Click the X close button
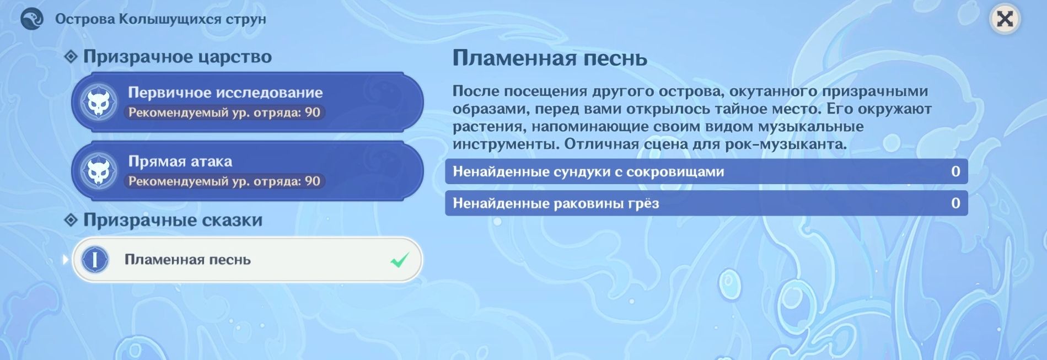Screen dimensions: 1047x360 [x=1005, y=19]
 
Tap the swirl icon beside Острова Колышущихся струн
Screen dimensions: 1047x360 [x=32, y=19]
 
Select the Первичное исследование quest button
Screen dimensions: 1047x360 [x=247, y=102]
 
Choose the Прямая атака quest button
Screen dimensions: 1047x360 [x=247, y=171]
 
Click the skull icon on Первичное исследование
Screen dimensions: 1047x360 [x=99, y=103]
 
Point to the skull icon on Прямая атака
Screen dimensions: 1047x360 [x=99, y=171]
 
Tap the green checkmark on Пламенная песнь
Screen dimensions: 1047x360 [x=400, y=260]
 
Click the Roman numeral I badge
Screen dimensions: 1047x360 [x=95, y=260]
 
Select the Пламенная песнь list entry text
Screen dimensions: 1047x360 [x=187, y=260]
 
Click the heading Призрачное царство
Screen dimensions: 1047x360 [x=178, y=57]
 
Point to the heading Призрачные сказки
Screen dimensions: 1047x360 [x=173, y=220]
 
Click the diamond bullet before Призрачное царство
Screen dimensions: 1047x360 [x=71, y=56]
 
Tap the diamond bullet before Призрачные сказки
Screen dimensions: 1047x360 [x=71, y=220]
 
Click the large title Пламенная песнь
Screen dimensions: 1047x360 [x=550, y=58]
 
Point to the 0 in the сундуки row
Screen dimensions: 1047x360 [x=956, y=171]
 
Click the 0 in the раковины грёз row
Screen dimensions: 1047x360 [x=956, y=203]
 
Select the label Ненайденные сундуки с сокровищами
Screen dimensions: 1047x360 [x=588, y=172]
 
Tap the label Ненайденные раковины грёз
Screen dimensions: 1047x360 [x=556, y=204]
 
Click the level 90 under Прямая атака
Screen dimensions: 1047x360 [x=313, y=181]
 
